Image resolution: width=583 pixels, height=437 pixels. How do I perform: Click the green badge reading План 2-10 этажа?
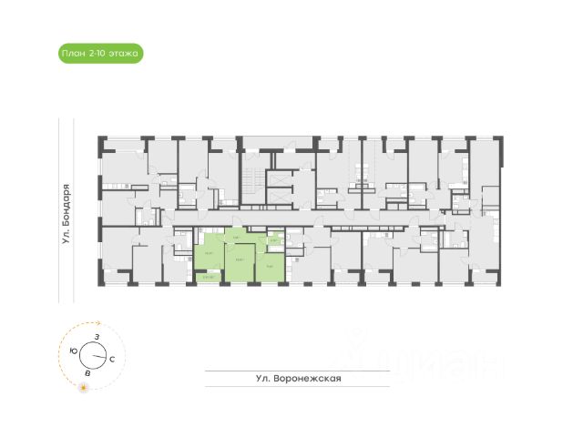(100, 54)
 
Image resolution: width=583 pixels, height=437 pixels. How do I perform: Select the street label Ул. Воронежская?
(299, 379)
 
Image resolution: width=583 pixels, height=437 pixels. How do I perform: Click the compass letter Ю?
(74, 350)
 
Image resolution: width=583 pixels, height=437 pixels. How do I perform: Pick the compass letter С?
(111, 361)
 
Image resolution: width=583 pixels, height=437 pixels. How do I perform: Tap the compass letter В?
(87, 372)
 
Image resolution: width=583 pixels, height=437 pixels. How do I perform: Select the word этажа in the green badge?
(123, 54)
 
